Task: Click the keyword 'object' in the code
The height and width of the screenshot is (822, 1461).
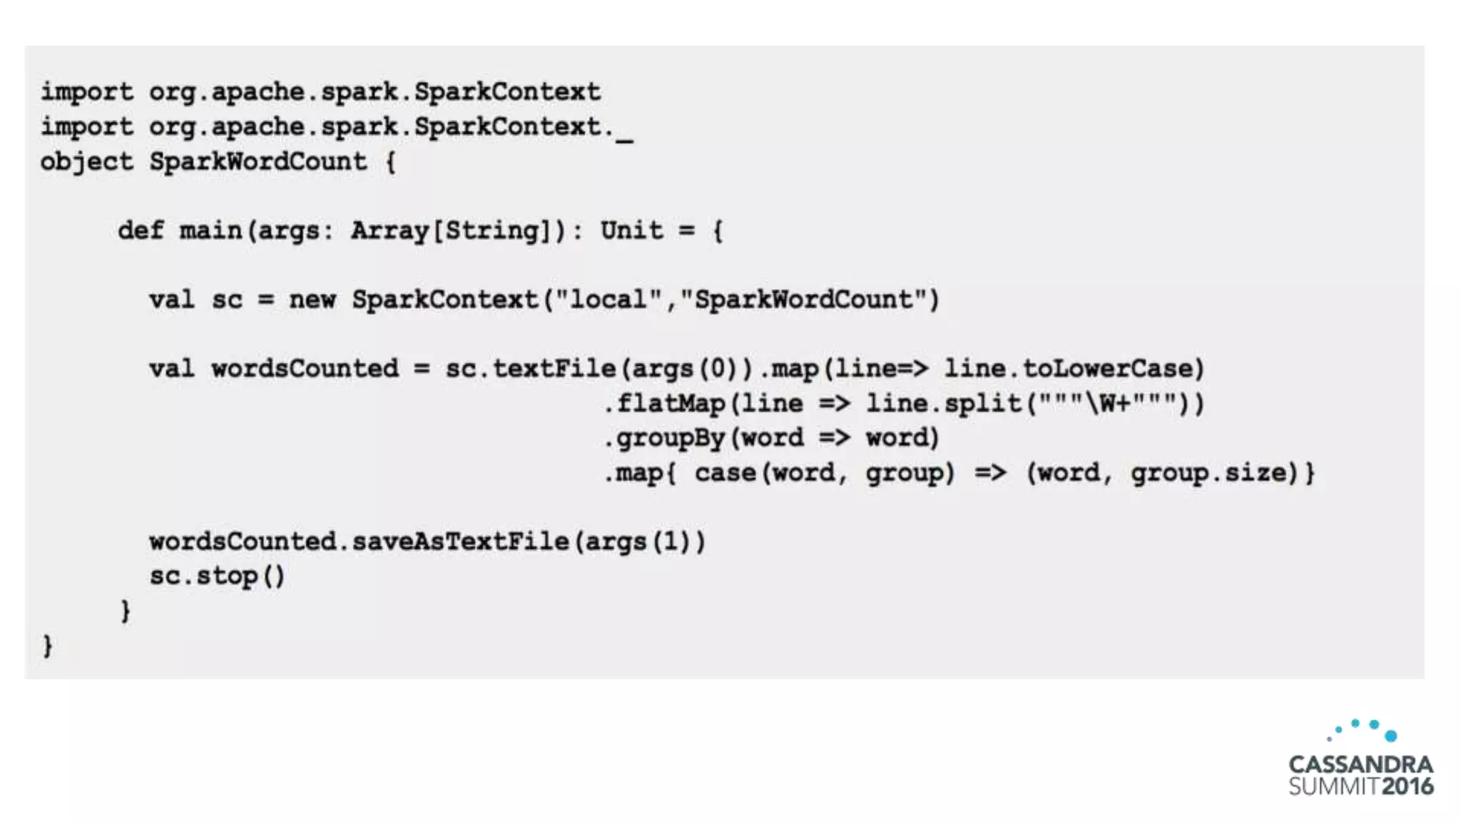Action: [x=86, y=162]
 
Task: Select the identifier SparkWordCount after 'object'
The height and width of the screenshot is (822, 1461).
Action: [x=258, y=162]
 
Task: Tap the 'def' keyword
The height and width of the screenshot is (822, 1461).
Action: [x=141, y=230]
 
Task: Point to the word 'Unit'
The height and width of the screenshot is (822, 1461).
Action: [x=631, y=230]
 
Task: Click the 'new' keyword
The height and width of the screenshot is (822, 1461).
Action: [x=312, y=300]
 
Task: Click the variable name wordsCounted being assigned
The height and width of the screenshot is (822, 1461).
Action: [x=305, y=369]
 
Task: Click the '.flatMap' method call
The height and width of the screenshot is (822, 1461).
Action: [x=664, y=404]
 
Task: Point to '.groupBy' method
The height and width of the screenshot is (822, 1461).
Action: [x=664, y=438]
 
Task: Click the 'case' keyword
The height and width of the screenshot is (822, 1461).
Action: [x=725, y=472]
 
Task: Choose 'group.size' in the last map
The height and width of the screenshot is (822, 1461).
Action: [x=1213, y=472]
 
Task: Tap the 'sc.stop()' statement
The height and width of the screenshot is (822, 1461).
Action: [x=217, y=576]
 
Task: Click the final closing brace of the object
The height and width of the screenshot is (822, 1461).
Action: [x=47, y=646]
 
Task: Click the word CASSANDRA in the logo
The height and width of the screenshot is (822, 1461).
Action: [x=1360, y=764]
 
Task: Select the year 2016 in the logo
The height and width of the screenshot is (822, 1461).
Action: [x=1407, y=786]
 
